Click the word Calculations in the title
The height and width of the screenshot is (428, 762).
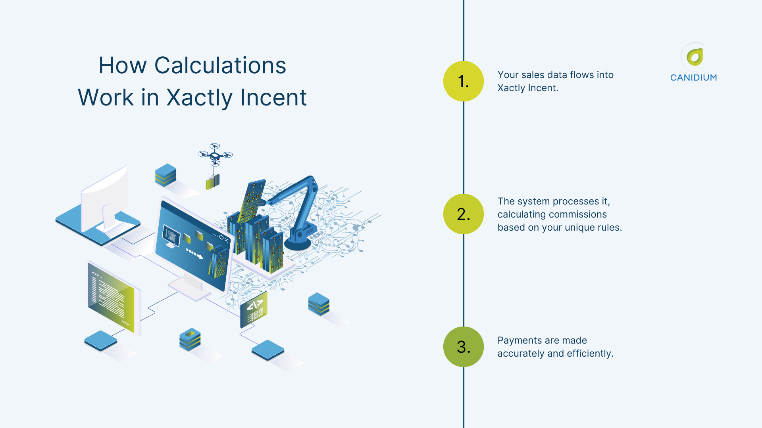(x=220, y=65)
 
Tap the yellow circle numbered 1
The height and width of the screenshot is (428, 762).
(x=463, y=81)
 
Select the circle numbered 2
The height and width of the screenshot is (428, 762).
(x=463, y=214)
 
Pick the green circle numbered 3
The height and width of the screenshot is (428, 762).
(x=463, y=347)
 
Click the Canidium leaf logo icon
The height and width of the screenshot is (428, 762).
(x=695, y=57)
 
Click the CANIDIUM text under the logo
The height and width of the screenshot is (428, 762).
(x=693, y=78)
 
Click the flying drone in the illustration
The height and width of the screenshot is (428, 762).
(x=215, y=154)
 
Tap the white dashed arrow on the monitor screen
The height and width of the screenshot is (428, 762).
(x=194, y=253)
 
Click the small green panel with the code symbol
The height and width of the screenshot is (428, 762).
(x=254, y=310)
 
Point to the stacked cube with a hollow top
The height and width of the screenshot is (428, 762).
(x=190, y=339)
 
